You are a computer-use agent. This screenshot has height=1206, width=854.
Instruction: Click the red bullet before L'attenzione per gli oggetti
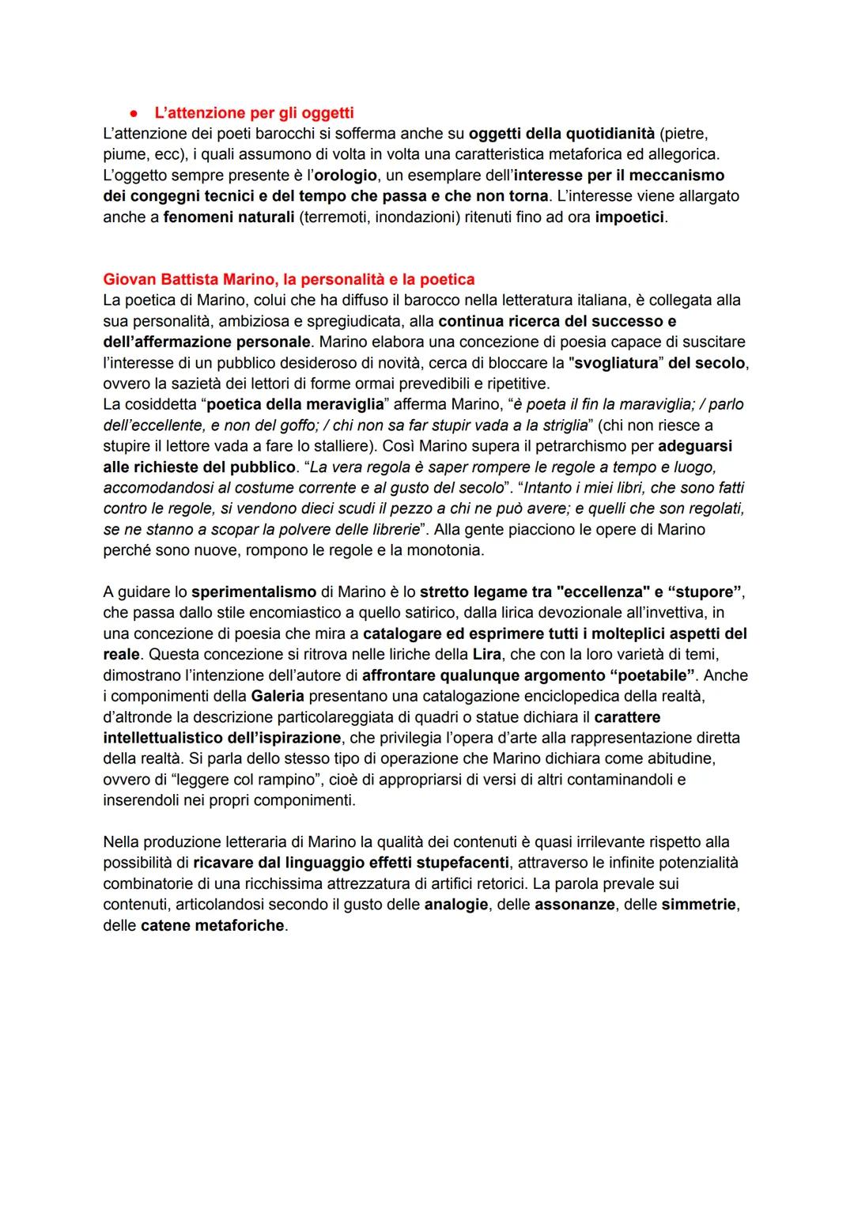(x=134, y=113)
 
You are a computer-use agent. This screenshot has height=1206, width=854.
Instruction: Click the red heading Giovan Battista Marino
(x=289, y=279)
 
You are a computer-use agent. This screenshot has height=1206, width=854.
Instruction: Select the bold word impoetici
(x=629, y=217)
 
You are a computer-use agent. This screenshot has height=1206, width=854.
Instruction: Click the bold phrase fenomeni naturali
(x=229, y=217)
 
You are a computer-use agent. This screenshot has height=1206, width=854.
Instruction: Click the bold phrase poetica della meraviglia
(x=295, y=404)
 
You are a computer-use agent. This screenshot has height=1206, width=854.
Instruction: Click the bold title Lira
(x=486, y=654)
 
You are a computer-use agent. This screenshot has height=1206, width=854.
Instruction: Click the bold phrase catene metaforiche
(x=212, y=925)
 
